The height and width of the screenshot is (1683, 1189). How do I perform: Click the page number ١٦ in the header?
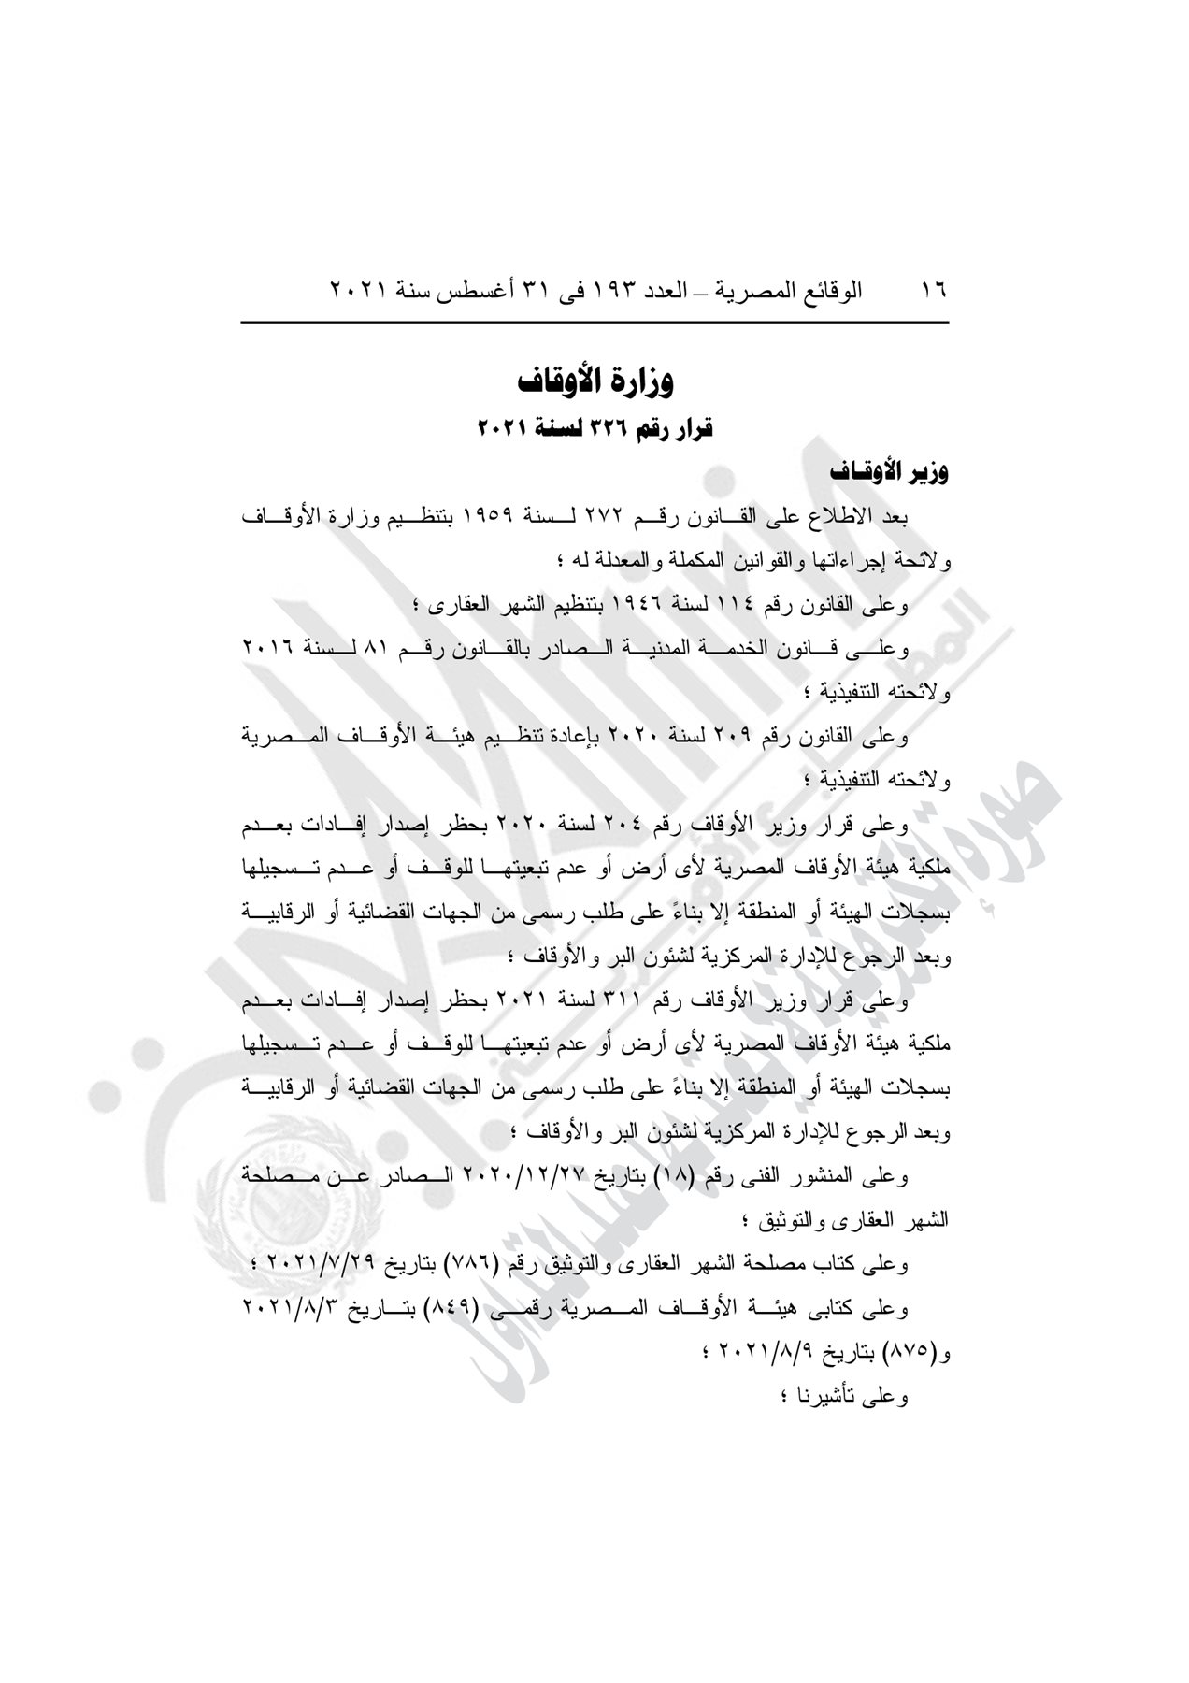point(933,289)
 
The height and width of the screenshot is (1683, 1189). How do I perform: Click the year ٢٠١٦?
point(268,650)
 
